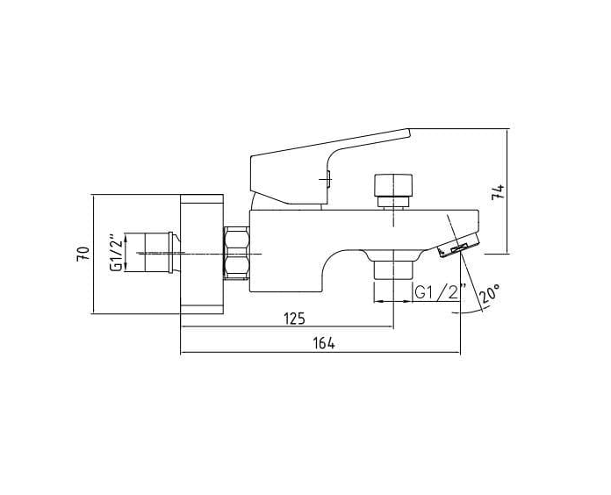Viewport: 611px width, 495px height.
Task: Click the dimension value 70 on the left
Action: tap(83, 255)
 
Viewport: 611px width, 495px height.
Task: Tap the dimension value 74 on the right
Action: tap(498, 191)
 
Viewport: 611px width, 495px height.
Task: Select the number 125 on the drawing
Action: tap(294, 318)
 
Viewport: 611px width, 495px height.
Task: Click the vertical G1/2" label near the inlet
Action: tap(114, 254)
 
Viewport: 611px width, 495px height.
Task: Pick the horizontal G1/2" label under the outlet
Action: tap(436, 292)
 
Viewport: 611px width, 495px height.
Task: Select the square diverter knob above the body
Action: tap(391, 185)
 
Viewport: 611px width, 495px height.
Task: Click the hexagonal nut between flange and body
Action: tap(237, 253)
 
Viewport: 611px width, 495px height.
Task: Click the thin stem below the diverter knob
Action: tap(391, 204)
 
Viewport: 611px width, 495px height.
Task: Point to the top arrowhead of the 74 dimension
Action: tap(508, 133)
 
